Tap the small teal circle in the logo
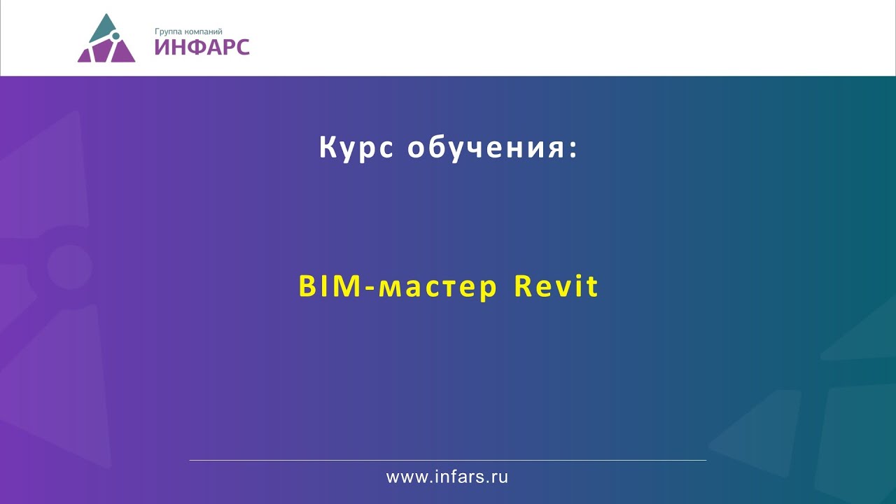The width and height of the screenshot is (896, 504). tap(116, 36)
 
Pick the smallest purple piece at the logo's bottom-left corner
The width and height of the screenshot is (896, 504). tap(83, 56)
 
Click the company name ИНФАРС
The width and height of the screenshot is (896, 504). tap(202, 48)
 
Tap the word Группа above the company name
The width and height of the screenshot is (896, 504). tap(169, 31)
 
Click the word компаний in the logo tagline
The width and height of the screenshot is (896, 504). tap(204, 31)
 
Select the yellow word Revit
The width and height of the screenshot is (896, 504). tap(556, 286)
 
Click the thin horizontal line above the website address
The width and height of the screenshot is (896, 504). tap(448, 460)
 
